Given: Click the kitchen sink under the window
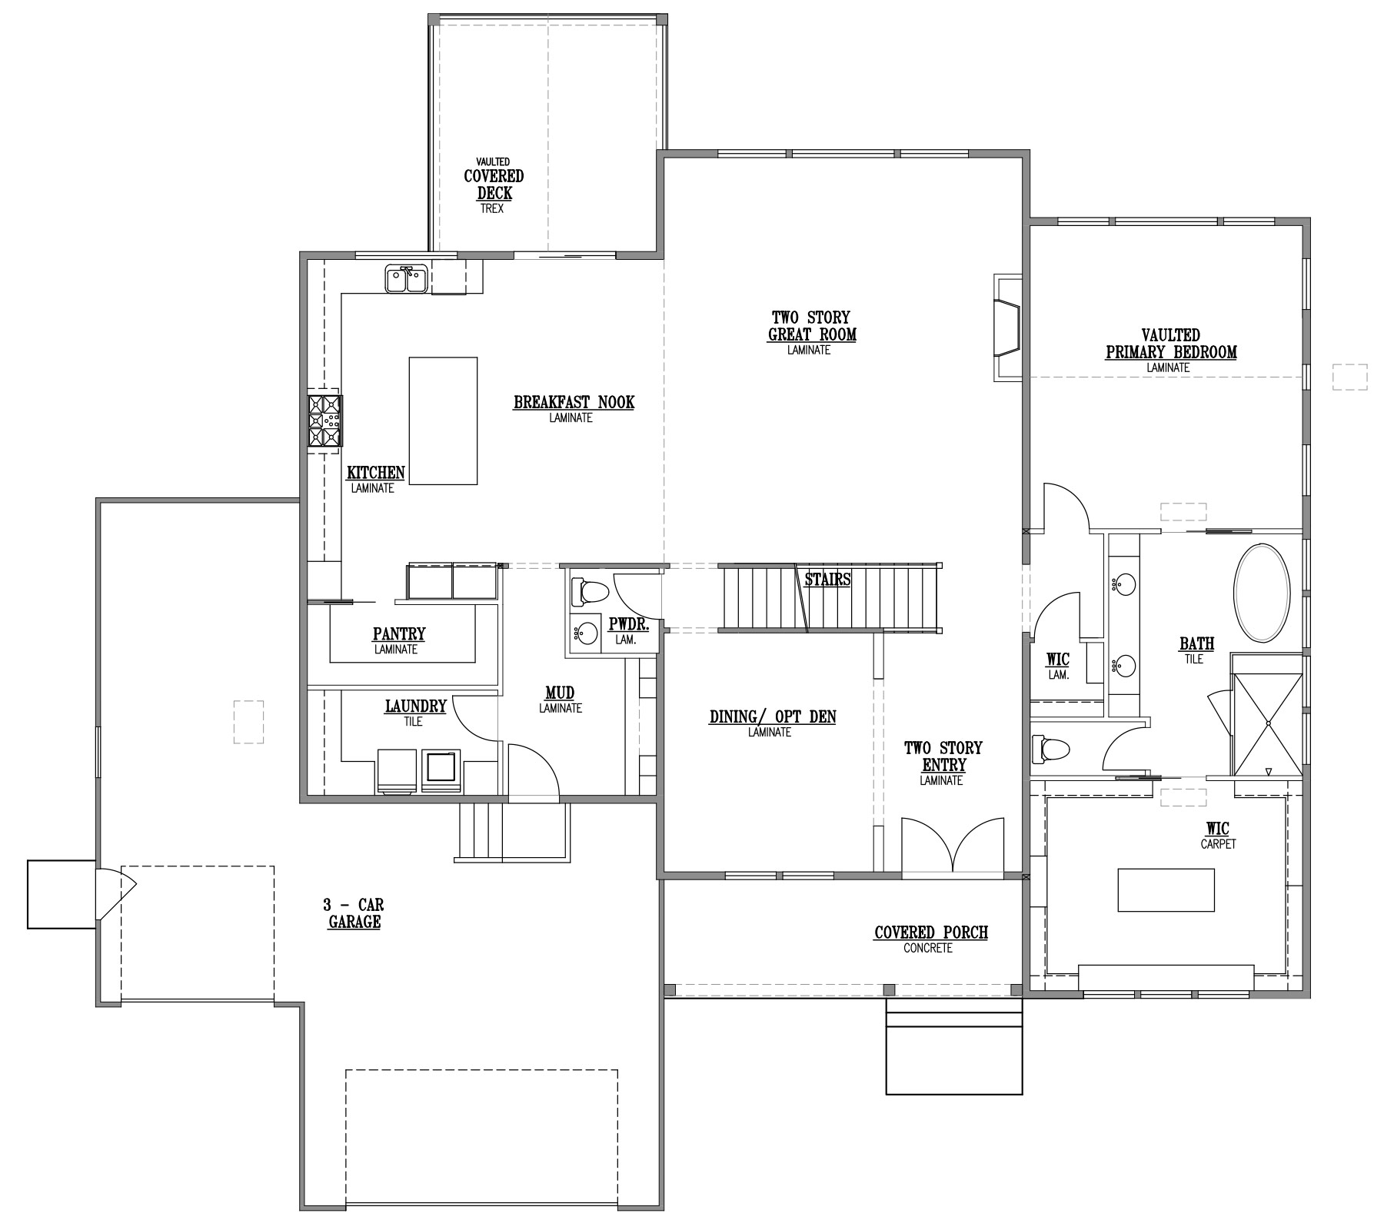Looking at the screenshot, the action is pyautogui.click(x=407, y=278).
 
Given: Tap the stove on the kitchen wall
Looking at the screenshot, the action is pyautogui.click(x=325, y=421).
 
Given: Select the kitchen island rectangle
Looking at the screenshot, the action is pyautogui.click(x=443, y=421).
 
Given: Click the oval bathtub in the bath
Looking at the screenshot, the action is pyautogui.click(x=1262, y=593).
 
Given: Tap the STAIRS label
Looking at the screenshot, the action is pyautogui.click(x=827, y=580).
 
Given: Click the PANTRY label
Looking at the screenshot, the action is pyautogui.click(x=399, y=634).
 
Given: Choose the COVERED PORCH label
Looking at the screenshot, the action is pyautogui.click(x=931, y=932).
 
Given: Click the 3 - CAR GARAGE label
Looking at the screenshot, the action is pyautogui.click(x=354, y=913).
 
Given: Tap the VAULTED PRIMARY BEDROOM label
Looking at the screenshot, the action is pyautogui.click(x=1171, y=344).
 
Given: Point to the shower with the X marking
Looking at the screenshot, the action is pyautogui.click(x=1268, y=723).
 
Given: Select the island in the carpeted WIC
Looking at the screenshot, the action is pyautogui.click(x=1166, y=889).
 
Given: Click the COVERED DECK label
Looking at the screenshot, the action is pyautogui.click(x=494, y=184).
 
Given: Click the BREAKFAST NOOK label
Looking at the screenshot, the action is pyautogui.click(x=574, y=402).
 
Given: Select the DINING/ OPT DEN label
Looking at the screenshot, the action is pyautogui.click(x=773, y=716).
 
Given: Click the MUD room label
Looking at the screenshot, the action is pyautogui.click(x=560, y=693).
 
